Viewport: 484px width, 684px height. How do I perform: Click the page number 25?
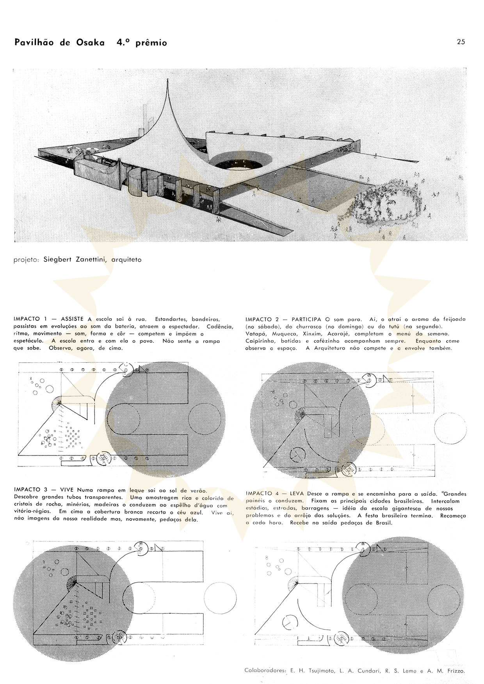(x=461, y=42)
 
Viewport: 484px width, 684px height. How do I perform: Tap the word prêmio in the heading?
(x=151, y=43)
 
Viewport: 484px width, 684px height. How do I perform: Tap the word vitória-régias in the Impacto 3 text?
(x=30, y=512)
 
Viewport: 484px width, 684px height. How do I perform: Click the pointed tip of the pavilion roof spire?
(x=167, y=80)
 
